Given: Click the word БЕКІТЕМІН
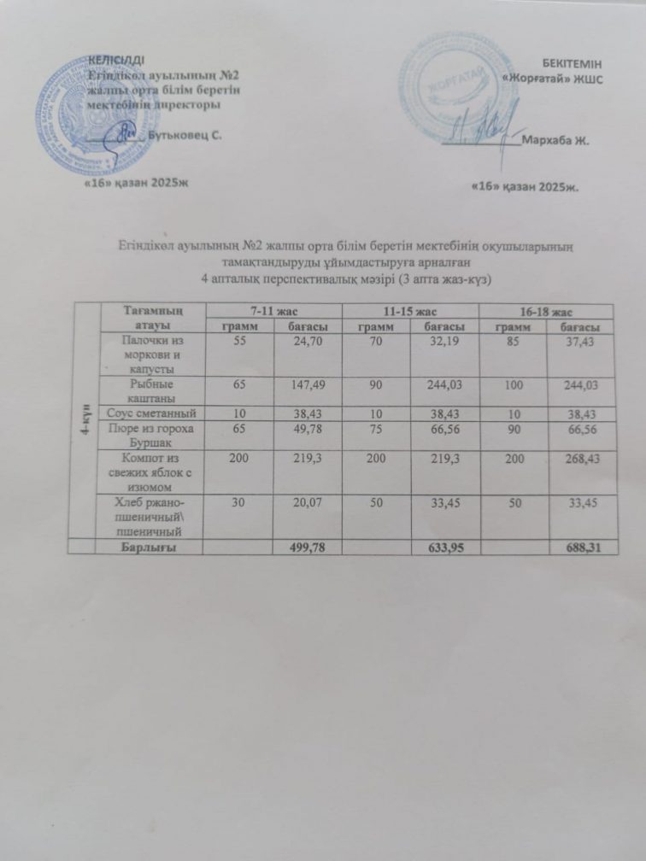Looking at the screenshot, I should pos(579,63).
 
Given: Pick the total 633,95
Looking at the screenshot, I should pos(445,547).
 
